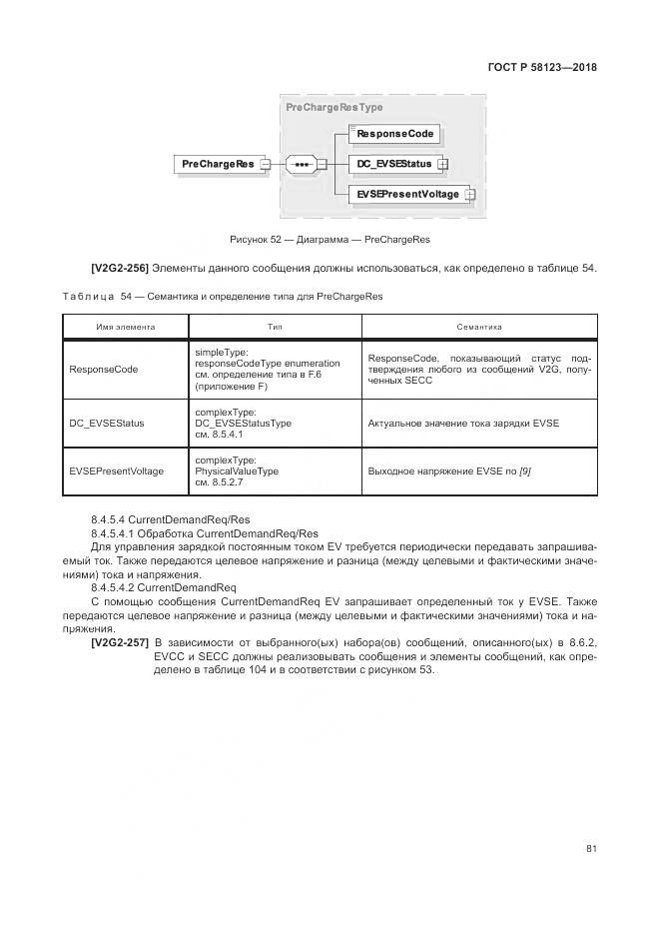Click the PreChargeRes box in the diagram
tap(217, 164)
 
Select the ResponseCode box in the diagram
tap(394, 134)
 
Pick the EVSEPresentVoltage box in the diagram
tap(407, 194)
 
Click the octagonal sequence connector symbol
tap(300, 164)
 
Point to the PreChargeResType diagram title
tap(333, 107)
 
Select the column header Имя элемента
tap(125, 327)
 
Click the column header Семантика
tap(478, 327)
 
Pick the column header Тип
tap(275, 327)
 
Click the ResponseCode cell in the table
tap(104, 370)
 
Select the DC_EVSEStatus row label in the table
tap(107, 423)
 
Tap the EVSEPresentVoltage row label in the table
tap(116, 470)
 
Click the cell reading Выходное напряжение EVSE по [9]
tap(449, 470)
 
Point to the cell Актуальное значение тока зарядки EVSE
tap(463, 423)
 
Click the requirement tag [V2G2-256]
tap(119, 268)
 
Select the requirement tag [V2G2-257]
tap(119, 642)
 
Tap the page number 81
tap(591, 849)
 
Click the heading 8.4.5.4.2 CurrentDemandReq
tap(163, 588)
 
